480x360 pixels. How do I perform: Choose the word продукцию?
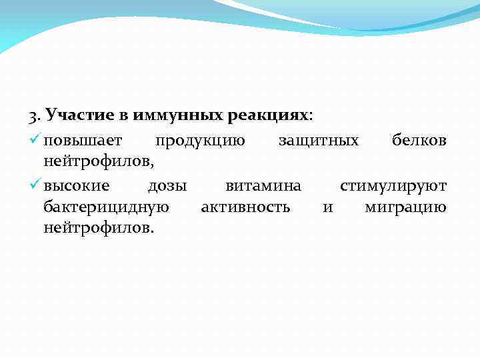tap(200, 141)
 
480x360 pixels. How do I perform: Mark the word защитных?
tap(318, 141)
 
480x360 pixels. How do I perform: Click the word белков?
tap(419, 141)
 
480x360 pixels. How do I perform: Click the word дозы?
tap(167, 185)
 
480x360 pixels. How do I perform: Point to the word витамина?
tap(263, 185)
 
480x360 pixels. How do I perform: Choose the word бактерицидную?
tap(106, 207)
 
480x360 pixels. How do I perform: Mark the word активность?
tap(245, 207)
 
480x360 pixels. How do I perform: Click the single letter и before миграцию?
tap(327, 207)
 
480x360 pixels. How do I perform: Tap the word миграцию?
tap(406, 207)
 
